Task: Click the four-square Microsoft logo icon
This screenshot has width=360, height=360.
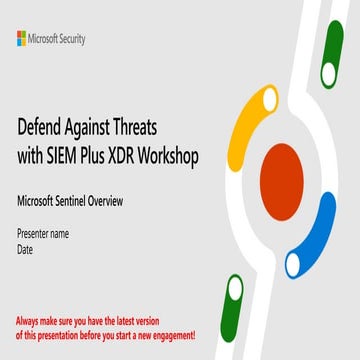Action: (x=22, y=38)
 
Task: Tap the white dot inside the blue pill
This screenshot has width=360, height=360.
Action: (x=295, y=264)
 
